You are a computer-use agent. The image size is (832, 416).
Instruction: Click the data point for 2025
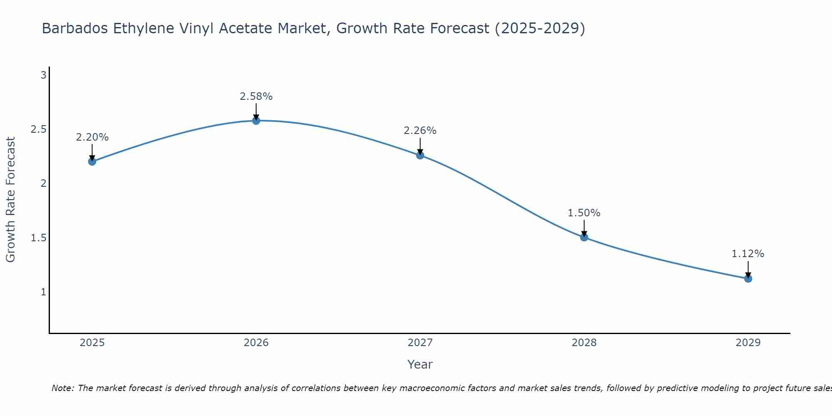tap(92, 161)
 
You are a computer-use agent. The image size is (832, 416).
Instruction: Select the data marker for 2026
tap(256, 121)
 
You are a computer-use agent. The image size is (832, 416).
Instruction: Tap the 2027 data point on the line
tap(420, 155)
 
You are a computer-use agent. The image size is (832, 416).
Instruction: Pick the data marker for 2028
tap(584, 237)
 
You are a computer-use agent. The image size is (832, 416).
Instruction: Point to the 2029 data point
tap(748, 278)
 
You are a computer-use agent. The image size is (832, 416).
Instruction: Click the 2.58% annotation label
tap(256, 97)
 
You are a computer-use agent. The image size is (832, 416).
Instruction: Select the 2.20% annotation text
tap(92, 137)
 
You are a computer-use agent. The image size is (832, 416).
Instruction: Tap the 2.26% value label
tap(420, 131)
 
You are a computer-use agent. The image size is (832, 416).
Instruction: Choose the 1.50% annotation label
tap(584, 213)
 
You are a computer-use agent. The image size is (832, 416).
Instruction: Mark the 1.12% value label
tap(748, 254)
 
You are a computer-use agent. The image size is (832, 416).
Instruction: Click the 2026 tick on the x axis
tap(256, 343)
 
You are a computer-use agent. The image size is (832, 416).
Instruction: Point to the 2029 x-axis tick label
tap(748, 343)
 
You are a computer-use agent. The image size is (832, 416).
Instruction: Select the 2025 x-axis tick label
tap(92, 343)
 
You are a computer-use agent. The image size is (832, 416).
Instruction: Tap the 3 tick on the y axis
tap(43, 75)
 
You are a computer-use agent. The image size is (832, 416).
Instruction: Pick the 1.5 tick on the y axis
tap(39, 238)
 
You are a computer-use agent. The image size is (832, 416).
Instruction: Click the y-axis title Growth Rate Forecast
tap(11, 200)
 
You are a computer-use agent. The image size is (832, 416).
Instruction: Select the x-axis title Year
tap(420, 364)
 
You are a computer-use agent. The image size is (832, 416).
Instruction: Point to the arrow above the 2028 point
tap(584, 228)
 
